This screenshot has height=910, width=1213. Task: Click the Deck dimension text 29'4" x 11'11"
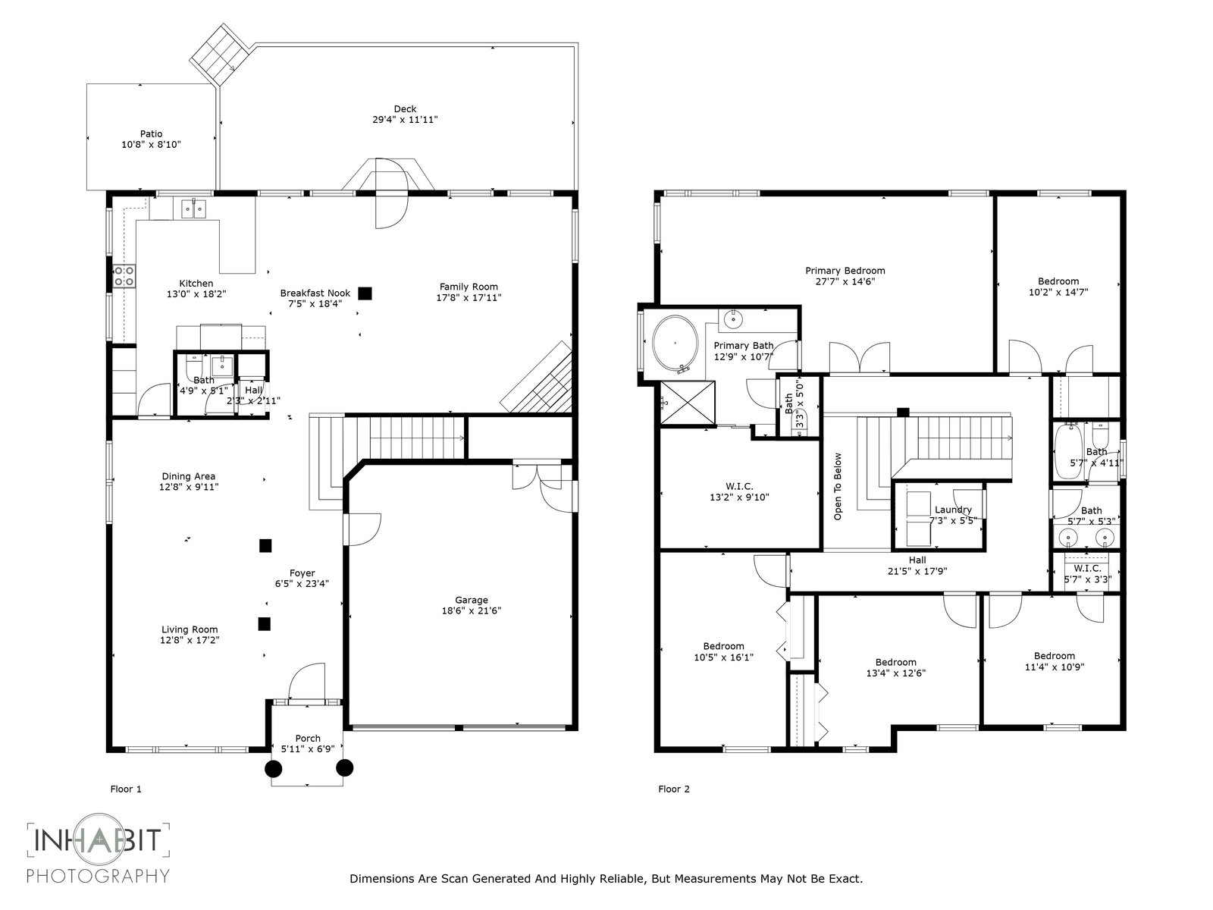pos(405,119)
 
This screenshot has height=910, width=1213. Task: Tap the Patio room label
pos(151,133)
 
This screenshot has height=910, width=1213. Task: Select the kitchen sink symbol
pos(193,209)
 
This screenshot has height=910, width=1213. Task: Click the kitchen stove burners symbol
pos(124,276)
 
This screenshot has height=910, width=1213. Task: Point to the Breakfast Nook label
pos(315,293)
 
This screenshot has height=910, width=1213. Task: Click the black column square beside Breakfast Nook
pos(365,293)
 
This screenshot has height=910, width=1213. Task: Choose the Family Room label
pos(469,286)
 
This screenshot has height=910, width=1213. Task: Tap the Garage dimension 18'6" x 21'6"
pos(472,610)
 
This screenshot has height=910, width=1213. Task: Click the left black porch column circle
pos(273,768)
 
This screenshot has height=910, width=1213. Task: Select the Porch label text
pos(308,738)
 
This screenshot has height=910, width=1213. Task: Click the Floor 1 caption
pos(126,789)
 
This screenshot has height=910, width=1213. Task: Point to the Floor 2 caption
pos(674,789)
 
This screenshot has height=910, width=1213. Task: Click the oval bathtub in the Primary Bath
pos(675,344)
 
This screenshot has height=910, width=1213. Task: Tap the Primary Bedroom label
pos(845,271)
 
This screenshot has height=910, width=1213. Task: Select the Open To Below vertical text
pos(838,486)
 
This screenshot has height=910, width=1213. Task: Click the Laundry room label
pos(953,510)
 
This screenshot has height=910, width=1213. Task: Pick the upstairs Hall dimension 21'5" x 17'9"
pos(917,571)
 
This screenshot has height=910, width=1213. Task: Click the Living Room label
pos(190,629)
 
